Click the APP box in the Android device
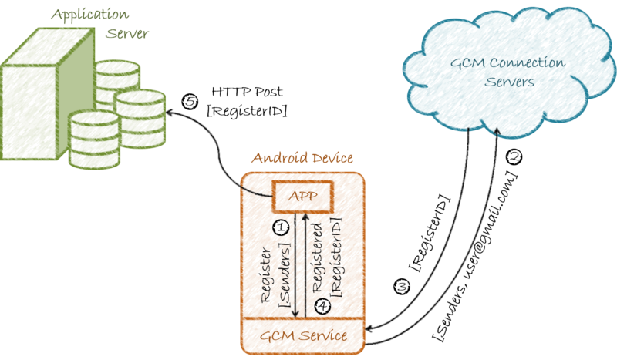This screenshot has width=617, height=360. pyautogui.click(x=303, y=195)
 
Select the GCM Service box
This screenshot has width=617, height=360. pyautogui.click(x=302, y=336)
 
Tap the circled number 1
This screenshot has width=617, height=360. pyautogui.click(x=282, y=228)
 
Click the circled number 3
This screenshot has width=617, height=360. pyautogui.click(x=401, y=287)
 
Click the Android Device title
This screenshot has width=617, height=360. pyautogui.click(x=302, y=159)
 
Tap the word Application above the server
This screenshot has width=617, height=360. pyautogui.click(x=79, y=14)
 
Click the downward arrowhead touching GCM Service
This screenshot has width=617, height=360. pyautogui.click(x=297, y=315)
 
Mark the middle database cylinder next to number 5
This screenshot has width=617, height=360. pyautogui.click(x=140, y=108)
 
